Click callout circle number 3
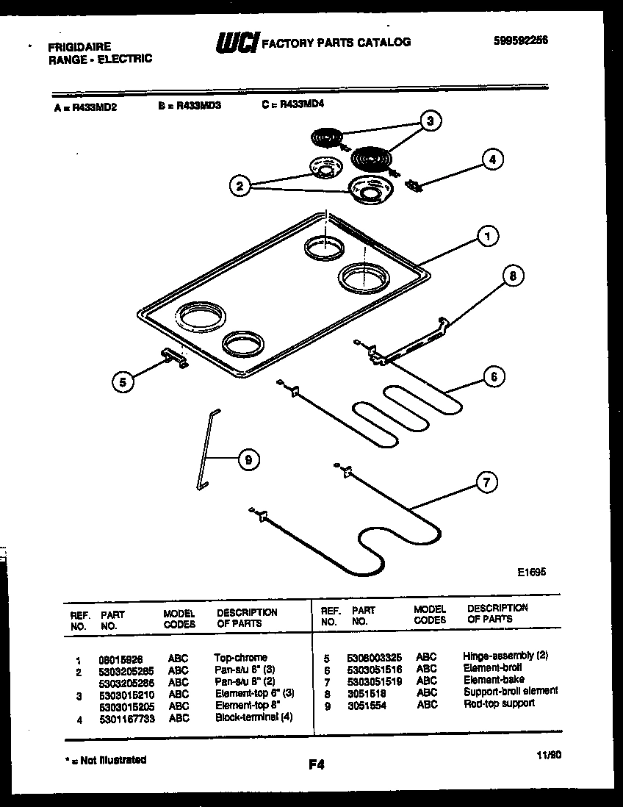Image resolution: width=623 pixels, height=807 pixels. point(431,121)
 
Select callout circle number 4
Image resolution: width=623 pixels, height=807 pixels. point(492,158)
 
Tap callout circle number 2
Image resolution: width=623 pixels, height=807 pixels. point(238,186)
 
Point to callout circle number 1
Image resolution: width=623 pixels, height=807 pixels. point(486,236)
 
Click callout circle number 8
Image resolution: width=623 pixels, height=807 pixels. point(513,276)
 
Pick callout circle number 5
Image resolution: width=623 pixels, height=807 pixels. point(123,381)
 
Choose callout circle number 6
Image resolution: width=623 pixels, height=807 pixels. point(494,376)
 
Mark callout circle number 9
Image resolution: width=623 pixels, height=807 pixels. point(248,460)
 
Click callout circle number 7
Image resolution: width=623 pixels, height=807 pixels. point(486,483)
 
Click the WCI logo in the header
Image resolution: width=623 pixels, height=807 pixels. point(236,43)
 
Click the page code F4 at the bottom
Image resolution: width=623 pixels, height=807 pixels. point(316,765)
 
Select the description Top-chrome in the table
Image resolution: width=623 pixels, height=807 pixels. point(241,657)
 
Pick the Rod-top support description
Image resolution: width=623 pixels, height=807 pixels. point(499,703)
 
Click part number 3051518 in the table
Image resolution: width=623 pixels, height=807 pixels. point(365,693)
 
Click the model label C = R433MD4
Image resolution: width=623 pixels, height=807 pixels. point(292,104)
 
